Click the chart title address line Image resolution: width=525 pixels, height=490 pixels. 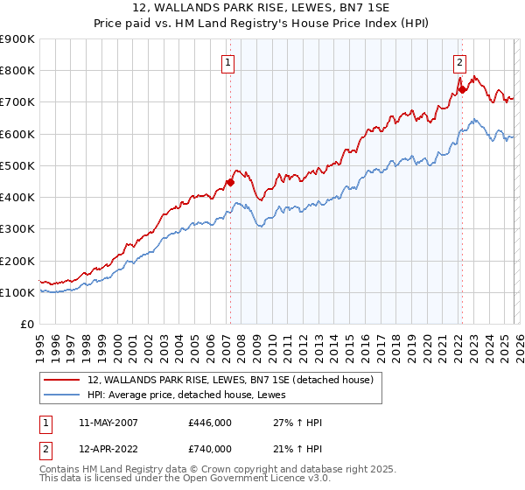pyautogui.click(x=262, y=8)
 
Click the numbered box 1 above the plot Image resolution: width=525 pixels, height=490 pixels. pyautogui.click(x=228, y=61)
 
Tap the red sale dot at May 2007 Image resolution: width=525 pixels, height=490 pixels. pyautogui.click(x=230, y=183)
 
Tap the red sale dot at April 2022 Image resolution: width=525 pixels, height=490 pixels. pyautogui.click(x=462, y=89)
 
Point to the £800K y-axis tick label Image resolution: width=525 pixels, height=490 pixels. pyautogui.click(x=17, y=71)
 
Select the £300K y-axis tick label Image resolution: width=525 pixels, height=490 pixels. pyautogui.click(x=17, y=229)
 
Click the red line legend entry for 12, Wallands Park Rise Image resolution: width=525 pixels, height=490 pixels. pyautogui.click(x=231, y=380)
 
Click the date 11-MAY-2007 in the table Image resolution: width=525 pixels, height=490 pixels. pyautogui.click(x=108, y=423)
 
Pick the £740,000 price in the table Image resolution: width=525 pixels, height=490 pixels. pyautogui.click(x=210, y=449)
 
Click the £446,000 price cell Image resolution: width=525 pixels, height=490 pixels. pyautogui.click(x=210, y=423)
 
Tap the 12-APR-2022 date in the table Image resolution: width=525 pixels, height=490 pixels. pyautogui.click(x=108, y=449)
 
